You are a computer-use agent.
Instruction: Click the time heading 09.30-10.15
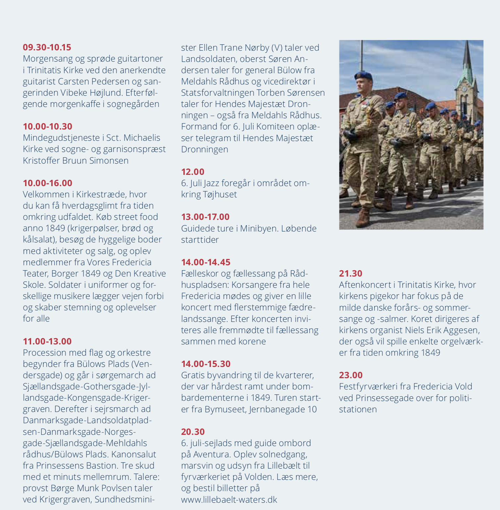pos(47,47)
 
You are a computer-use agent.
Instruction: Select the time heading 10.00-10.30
pos(47,127)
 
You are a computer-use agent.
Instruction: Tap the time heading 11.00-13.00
pos(47,341)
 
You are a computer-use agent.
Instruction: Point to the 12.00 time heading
pos(193,172)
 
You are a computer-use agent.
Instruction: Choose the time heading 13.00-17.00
pos(205,217)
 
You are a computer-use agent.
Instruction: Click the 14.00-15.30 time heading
pos(206,364)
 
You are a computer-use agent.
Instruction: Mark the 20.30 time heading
pos(193,432)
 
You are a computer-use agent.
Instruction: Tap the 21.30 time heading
pos(351,274)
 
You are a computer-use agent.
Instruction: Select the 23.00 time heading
pos(351,375)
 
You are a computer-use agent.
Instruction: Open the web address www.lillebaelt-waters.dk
pos(229,500)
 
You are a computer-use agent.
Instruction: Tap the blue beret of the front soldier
pos(363,75)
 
